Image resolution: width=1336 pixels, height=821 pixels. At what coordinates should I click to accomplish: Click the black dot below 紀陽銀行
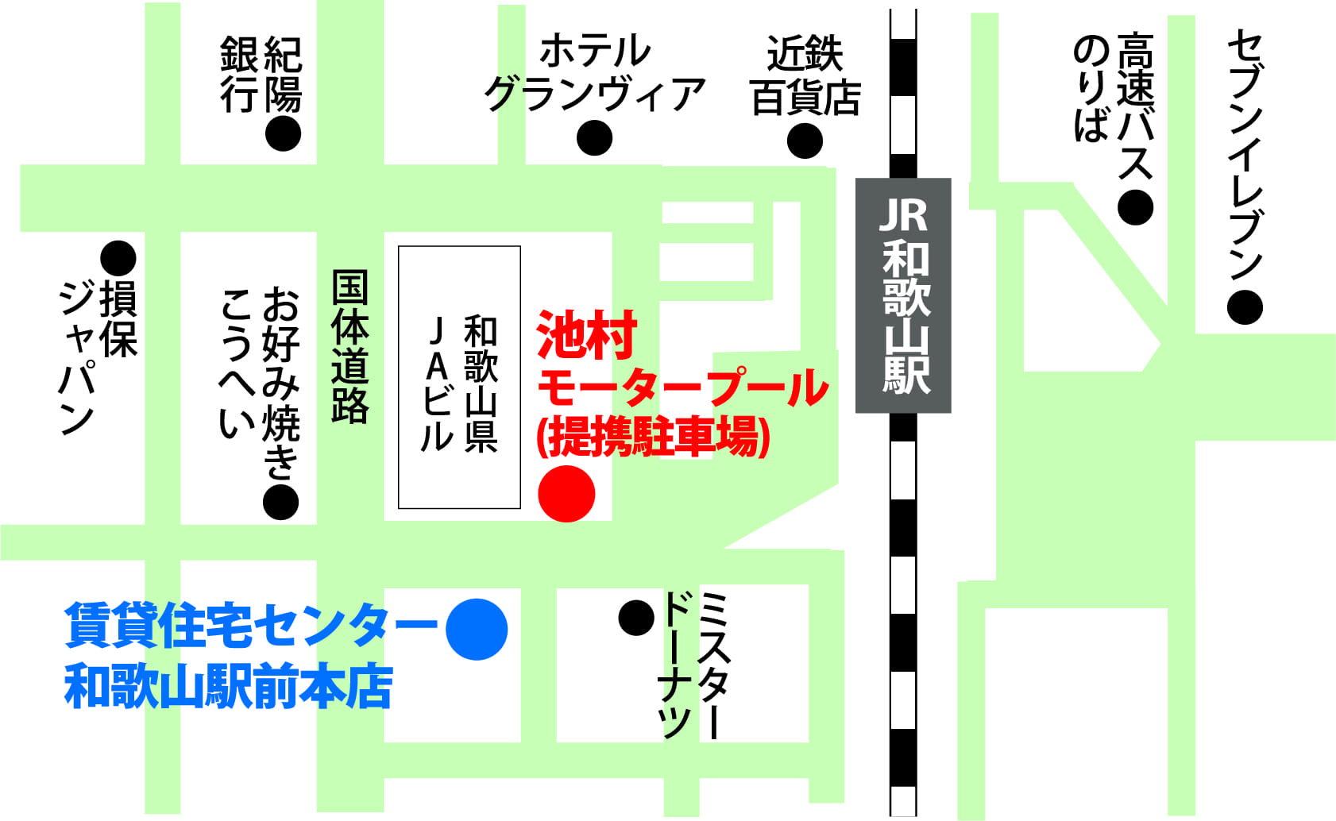click(x=283, y=133)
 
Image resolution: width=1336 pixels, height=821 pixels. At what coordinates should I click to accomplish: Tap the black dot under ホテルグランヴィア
click(x=594, y=138)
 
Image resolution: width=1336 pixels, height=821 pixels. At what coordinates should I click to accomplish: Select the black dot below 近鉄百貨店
click(x=805, y=141)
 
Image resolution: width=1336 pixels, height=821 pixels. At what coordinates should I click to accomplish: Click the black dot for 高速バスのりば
click(x=1135, y=207)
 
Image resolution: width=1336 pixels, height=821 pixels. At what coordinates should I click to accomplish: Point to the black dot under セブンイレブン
click(x=1245, y=307)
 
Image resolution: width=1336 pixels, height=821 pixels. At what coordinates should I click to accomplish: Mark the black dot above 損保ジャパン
click(x=118, y=258)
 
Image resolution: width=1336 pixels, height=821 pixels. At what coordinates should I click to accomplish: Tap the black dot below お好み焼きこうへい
click(x=280, y=502)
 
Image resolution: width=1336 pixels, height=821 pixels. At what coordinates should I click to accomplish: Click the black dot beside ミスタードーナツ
click(x=636, y=617)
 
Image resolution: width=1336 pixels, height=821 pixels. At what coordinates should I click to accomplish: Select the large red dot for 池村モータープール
click(x=566, y=494)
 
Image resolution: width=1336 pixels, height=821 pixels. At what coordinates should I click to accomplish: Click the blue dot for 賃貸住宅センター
click(x=477, y=629)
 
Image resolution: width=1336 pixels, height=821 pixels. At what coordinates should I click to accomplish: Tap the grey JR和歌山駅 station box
click(x=903, y=295)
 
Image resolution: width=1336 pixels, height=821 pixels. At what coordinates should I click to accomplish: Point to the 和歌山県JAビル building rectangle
click(x=459, y=377)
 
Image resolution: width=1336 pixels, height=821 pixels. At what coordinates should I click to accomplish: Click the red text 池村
click(x=587, y=335)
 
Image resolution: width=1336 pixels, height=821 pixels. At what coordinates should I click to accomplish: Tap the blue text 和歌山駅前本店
click(x=229, y=688)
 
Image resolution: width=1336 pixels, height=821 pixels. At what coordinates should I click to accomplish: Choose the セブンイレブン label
click(x=1245, y=155)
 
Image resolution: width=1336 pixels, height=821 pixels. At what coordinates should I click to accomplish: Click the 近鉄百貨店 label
click(x=805, y=76)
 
